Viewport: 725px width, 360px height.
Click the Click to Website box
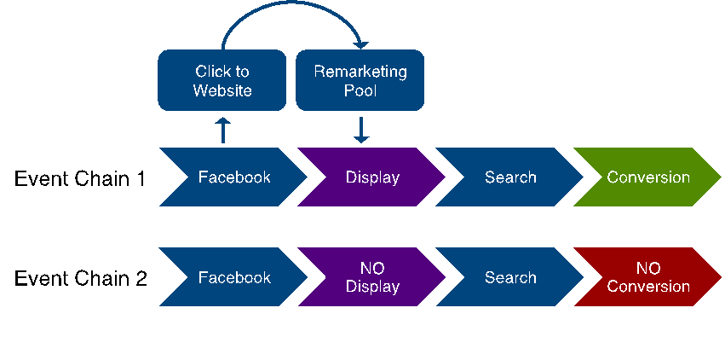coord(222,80)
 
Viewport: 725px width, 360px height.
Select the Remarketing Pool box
coord(360,80)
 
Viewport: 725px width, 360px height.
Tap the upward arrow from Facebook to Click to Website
coord(223,131)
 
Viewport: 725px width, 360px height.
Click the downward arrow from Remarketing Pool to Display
coord(360,130)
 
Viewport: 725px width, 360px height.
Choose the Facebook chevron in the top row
coord(233,177)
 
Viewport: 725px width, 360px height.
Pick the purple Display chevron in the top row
coord(372,177)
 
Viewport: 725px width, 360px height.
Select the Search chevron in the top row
coord(510,177)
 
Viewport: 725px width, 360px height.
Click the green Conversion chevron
coord(648,177)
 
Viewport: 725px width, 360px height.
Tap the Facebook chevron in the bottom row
coord(233,277)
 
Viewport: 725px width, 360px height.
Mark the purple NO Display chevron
coord(372,277)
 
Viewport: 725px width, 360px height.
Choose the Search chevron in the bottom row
coord(510,277)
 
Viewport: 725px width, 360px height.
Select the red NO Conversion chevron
coord(648,277)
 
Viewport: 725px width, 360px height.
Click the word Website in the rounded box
coord(222,90)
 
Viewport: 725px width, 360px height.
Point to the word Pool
coord(360,90)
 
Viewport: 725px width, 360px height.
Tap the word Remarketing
coord(360,71)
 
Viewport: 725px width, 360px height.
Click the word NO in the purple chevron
coord(372,268)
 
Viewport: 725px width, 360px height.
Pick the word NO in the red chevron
coord(648,268)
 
